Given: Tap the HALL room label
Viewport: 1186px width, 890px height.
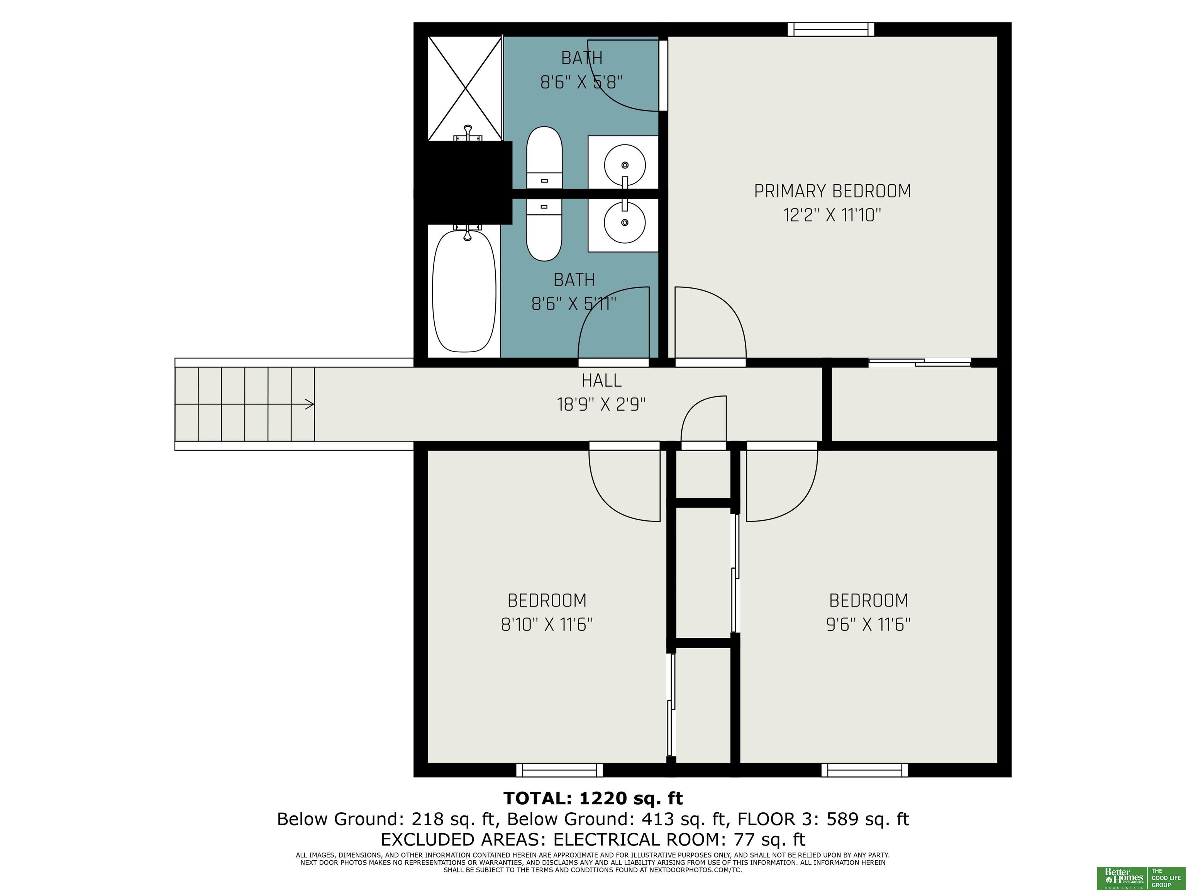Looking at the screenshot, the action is click(601, 380).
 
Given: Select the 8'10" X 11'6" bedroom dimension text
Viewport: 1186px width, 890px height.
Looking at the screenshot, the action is click(547, 625).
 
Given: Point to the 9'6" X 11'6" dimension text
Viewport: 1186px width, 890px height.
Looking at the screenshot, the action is click(869, 625).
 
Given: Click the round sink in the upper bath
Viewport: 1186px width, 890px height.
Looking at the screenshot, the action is click(625, 164).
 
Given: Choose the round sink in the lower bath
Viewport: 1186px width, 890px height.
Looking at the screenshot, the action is click(625, 222).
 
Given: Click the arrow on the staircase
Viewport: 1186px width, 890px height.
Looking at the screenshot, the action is click(309, 404).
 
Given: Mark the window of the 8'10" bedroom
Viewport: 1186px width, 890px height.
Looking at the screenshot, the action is click(559, 770).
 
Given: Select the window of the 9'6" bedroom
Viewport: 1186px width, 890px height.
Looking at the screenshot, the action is click(865, 770).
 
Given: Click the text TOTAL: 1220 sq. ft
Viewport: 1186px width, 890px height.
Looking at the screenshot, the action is click(593, 799).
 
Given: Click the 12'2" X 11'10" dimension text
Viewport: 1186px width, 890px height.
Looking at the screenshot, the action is click(832, 216).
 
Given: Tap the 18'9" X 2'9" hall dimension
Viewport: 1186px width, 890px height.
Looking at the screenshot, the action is click(601, 404).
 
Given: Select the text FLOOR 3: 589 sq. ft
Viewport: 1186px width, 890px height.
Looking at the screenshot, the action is click(823, 819).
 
